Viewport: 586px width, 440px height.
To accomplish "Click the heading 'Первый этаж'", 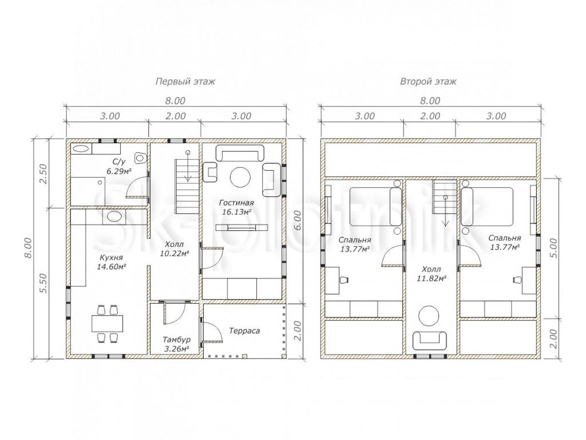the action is [185, 81].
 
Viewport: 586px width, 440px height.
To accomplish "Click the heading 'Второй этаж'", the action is [428, 81].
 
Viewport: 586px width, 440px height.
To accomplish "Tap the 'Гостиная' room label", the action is [236, 203].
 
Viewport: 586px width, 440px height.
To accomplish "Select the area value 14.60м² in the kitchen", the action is [111, 267].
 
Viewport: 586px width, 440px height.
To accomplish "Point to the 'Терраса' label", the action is [244, 331].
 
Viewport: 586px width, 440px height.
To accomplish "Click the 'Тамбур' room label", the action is [176, 340].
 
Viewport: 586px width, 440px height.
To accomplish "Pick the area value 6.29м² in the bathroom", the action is [121, 171].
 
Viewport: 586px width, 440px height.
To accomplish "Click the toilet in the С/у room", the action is [141, 158].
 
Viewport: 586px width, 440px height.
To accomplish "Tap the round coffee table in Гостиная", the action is [241, 177].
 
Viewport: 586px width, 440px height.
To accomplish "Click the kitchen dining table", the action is [108, 324].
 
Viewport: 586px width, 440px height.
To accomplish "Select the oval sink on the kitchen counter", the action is [114, 216].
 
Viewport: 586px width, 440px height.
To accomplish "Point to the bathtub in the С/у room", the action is [81, 148].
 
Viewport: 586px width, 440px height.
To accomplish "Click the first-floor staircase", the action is [187, 186].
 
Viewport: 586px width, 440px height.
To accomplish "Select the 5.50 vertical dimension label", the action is [43, 283].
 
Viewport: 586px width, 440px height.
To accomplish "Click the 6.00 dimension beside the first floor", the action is [297, 221].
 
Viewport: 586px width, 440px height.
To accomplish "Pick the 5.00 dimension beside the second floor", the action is [554, 248].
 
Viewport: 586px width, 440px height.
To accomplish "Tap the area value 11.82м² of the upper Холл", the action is [431, 278].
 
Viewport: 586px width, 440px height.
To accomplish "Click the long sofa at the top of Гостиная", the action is [240, 153].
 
